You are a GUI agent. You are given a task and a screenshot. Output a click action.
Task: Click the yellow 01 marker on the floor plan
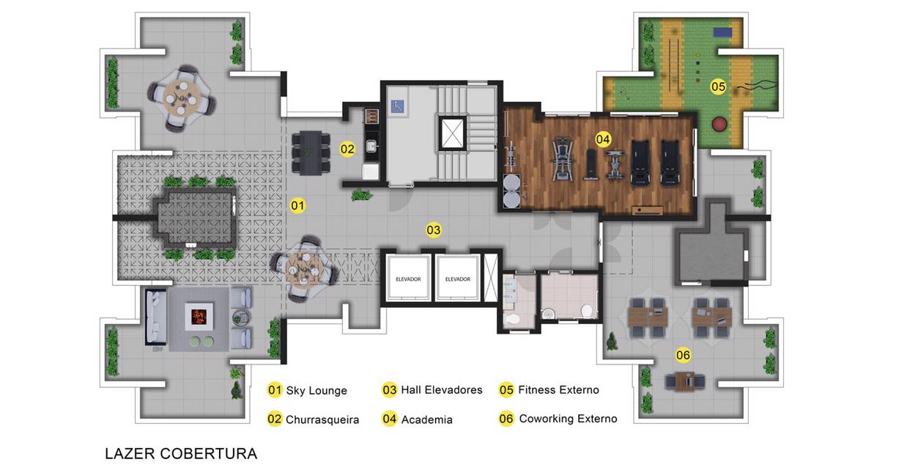click(x=297, y=205)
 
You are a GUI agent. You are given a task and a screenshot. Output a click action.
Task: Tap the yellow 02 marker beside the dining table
click(x=347, y=150)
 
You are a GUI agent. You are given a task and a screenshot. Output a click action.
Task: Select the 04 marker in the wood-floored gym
click(x=603, y=139)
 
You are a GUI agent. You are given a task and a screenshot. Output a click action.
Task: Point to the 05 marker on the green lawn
click(x=718, y=87)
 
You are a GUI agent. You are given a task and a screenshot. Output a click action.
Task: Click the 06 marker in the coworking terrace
click(x=683, y=355)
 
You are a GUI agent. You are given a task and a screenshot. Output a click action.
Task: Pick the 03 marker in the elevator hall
click(x=433, y=230)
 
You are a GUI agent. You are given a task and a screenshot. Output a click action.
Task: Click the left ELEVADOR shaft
click(x=408, y=279)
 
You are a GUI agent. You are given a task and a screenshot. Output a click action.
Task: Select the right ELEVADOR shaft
click(x=458, y=279)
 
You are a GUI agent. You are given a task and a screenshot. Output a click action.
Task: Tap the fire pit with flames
click(x=199, y=315)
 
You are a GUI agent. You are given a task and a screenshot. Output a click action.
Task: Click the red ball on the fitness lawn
click(x=719, y=124)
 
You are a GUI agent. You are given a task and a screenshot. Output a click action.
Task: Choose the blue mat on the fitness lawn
click(x=722, y=32)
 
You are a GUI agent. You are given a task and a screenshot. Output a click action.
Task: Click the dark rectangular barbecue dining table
click(x=311, y=153)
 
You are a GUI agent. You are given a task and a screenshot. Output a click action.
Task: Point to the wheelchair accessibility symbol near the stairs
click(x=398, y=106)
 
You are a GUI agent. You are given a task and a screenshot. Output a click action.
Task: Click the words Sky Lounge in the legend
click(x=317, y=390)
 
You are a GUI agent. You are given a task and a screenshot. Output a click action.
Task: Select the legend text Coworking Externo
click(x=568, y=419)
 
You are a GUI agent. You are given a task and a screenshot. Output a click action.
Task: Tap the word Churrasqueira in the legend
click(x=322, y=419)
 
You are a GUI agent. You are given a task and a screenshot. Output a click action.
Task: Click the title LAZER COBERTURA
click(x=181, y=453)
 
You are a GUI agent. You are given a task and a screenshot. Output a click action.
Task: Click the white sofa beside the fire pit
click(x=155, y=318)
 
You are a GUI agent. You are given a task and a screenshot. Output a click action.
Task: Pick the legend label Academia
click(x=426, y=419)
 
